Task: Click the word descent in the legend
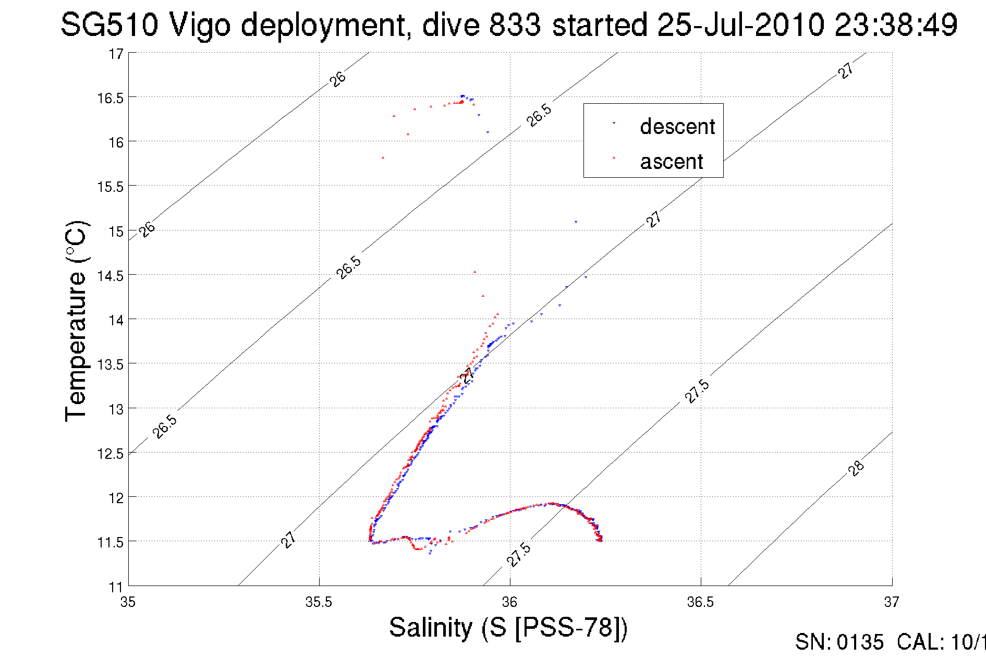(x=677, y=127)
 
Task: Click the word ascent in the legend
(x=672, y=162)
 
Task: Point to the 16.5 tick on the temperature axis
(x=110, y=98)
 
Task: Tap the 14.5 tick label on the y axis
(x=110, y=276)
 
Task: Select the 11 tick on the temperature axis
(x=116, y=587)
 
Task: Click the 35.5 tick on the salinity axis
(x=319, y=602)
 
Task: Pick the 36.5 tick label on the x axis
(x=700, y=602)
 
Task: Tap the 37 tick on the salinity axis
(x=891, y=602)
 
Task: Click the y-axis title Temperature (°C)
(x=77, y=321)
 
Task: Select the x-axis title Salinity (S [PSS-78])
(x=508, y=627)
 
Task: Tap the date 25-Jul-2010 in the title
(x=740, y=25)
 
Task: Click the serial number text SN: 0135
(x=839, y=642)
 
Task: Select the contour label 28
(x=856, y=468)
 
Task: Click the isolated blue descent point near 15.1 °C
(x=576, y=222)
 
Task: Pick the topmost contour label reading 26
(x=338, y=79)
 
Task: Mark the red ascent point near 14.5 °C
(x=474, y=272)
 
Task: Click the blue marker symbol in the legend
(x=614, y=123)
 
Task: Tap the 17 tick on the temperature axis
(x=116, y=54)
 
